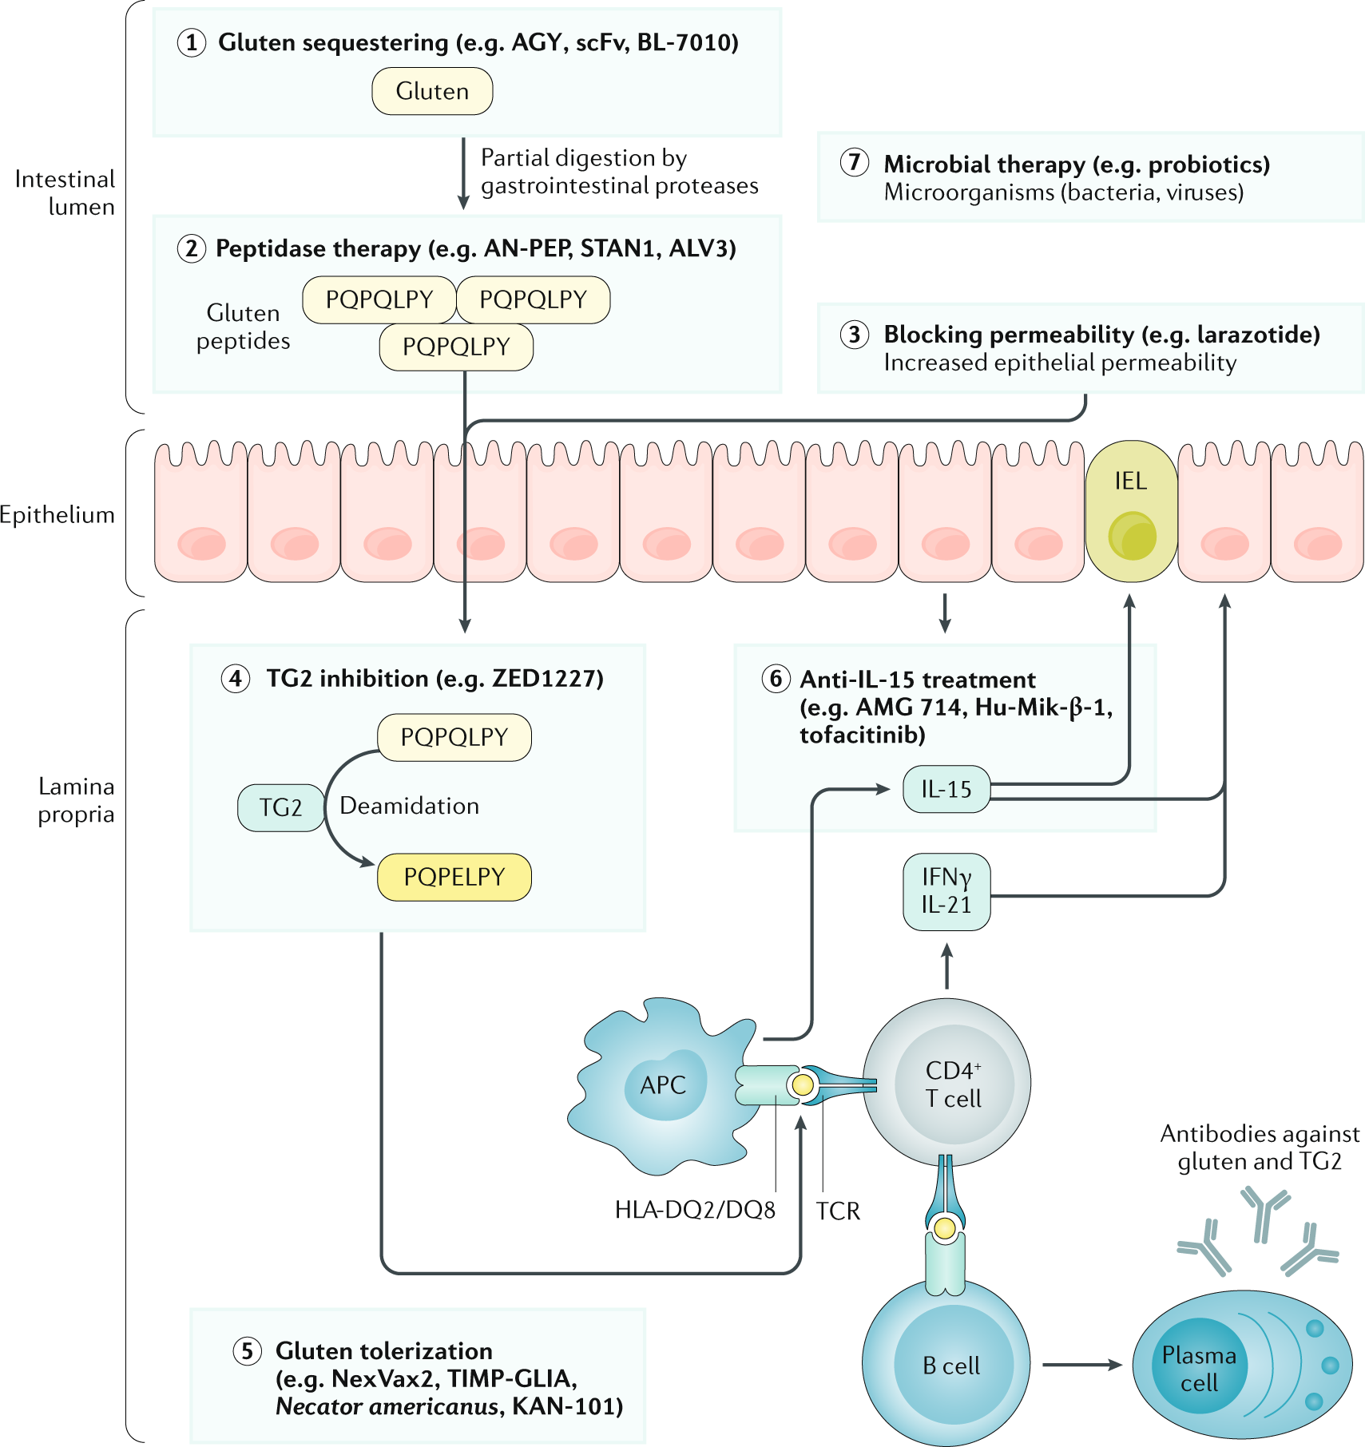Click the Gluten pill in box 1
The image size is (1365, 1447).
[x=432, y=91]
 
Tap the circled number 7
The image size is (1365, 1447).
[x=854, y=162]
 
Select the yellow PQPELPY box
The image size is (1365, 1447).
[x=454, y=877]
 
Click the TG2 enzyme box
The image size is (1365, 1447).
[x=280, y=807]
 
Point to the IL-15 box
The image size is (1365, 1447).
[x=946, y=789]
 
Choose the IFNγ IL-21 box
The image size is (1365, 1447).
[x=946, y=891]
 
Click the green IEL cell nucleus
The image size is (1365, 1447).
[x=1132, y=536]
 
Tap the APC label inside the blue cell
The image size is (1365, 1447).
[x=663, y=1084]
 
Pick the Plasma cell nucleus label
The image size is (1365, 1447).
[x=1199, y=1369]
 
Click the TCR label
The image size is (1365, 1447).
[x=838, y=1211]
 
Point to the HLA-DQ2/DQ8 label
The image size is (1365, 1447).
[x=695, y=1210]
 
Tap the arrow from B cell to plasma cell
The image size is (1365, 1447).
[x=1081, y=1365]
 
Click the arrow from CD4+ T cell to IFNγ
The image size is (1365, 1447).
[x=947, y=967]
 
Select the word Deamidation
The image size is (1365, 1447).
[x=409, y=806]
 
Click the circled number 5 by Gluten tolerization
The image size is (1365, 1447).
[x=247, y=1351]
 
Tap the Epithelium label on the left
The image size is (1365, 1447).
[x=58, y=515]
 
